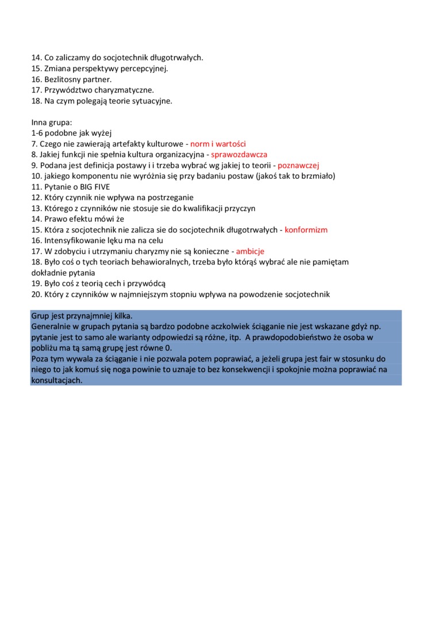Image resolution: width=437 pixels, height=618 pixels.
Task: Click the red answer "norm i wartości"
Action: coord(218,144)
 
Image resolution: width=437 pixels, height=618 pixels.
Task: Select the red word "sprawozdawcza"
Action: coord(239,155)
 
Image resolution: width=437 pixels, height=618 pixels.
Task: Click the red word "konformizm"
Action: coord(306,230)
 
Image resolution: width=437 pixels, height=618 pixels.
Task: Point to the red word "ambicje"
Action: coord(250,251)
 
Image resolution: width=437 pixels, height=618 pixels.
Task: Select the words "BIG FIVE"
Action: coord(94,187)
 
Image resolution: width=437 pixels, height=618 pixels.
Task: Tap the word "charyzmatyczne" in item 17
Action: coord(126,90)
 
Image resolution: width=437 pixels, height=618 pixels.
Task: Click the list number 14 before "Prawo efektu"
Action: coord(36,219)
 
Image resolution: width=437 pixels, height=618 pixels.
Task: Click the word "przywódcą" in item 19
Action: coord(147,283)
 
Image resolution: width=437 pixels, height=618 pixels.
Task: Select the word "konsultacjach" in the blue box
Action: coord(57,381)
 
